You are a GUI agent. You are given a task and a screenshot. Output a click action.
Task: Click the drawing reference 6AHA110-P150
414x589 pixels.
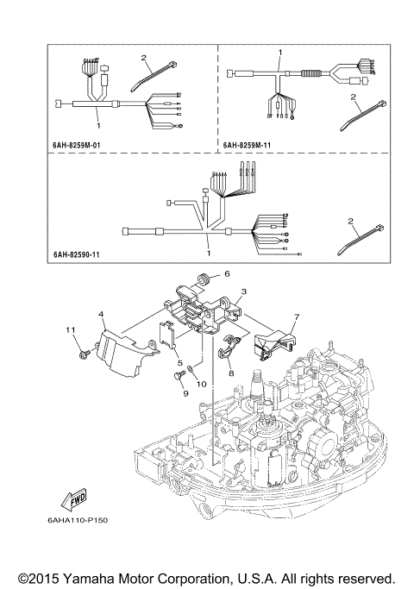click(x=89, y=519)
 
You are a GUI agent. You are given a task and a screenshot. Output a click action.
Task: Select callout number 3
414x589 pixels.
click(x=244, y=293)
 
